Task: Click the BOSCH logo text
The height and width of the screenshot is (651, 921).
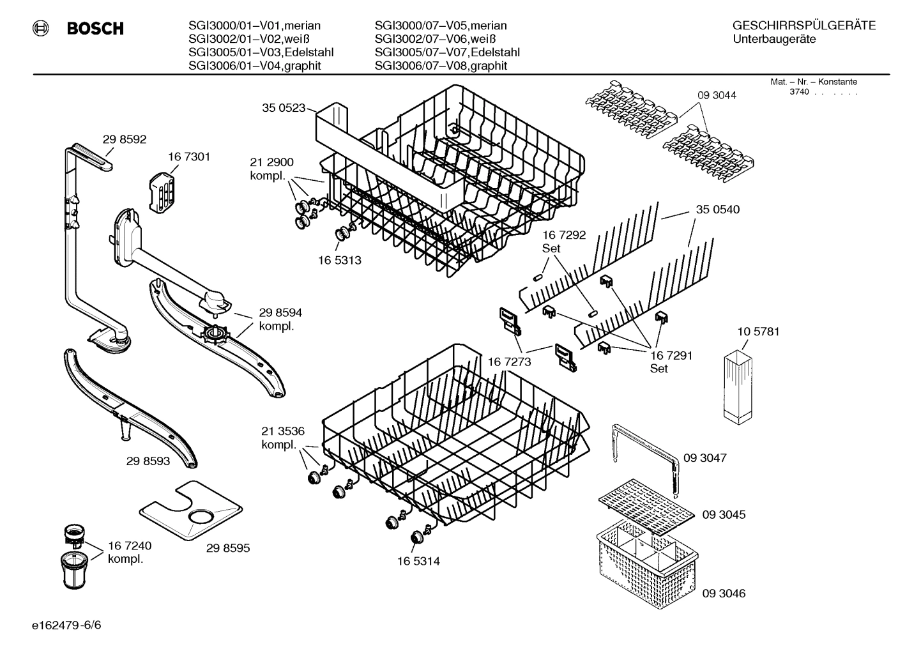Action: tap(95, 29)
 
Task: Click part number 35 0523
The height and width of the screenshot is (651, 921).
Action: tap(284, 108)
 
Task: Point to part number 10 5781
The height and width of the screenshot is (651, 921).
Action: tap(758, 332)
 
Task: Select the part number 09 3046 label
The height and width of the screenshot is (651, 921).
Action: tap(724, 593)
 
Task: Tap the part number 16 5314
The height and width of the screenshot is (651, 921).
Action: tap(418, 561)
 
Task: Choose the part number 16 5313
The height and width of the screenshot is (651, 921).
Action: tap(340, 260)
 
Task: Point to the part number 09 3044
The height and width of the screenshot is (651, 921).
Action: tap(717, 95)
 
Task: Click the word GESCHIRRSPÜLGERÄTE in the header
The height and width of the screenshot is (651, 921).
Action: tap(803, 26)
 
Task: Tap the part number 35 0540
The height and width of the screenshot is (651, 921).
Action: tap(718, 210)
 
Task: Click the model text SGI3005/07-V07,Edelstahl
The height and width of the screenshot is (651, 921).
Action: tap(447, 52)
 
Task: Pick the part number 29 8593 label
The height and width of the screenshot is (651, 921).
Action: tap(148, 460)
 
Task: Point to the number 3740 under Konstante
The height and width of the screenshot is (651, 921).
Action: tap(798, 92)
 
